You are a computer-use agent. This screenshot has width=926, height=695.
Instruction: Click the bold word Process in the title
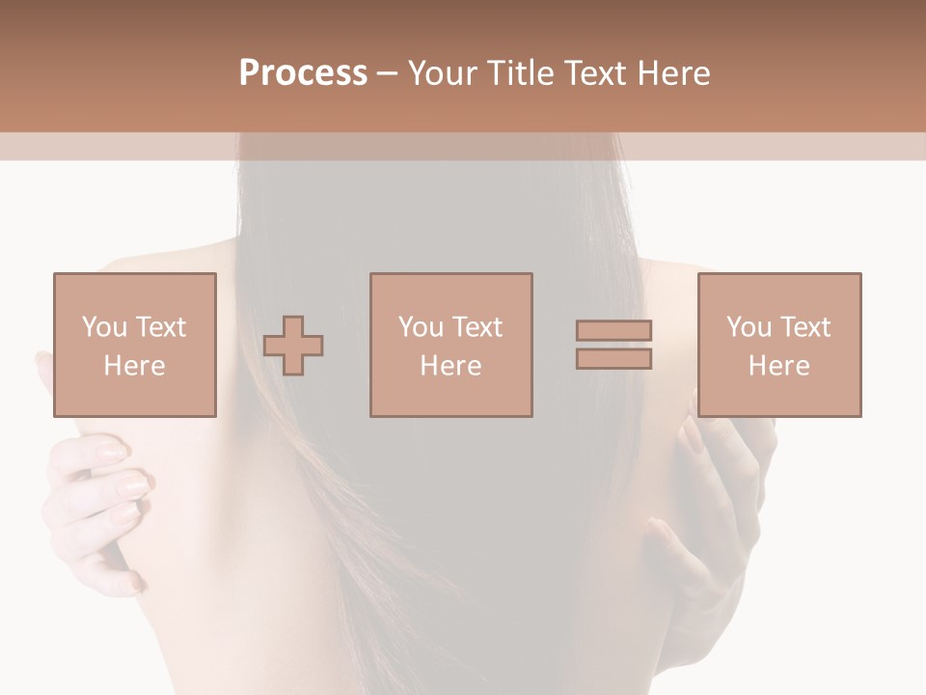(x=303, y=73)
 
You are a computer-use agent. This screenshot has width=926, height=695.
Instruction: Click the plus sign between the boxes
(x=293, y=346)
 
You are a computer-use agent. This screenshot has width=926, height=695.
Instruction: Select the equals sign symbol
(x=613, y=345)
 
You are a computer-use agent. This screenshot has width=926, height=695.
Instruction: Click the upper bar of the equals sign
(x=613, y=330)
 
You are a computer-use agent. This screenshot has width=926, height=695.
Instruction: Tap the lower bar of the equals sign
(x=613, y=359)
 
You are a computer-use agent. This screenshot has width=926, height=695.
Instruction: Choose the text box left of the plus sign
(x=135, y=345)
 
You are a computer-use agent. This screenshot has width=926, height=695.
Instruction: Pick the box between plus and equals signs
(x=450, y=345)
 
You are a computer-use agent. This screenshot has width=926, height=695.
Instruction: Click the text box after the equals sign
(x=778, y=345)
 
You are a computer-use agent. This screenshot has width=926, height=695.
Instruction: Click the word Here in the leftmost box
(x=134, y=366)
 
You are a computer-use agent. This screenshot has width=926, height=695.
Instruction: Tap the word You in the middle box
(x=421, y=327)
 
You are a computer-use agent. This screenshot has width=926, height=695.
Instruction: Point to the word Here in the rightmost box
(x=778, y=366)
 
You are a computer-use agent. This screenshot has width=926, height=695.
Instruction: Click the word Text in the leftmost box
(x=160, y=327)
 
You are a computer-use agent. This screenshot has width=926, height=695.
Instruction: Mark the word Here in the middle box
(x=450, y=366)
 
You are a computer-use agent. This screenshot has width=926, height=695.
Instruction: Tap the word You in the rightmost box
(x=749, y=327)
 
